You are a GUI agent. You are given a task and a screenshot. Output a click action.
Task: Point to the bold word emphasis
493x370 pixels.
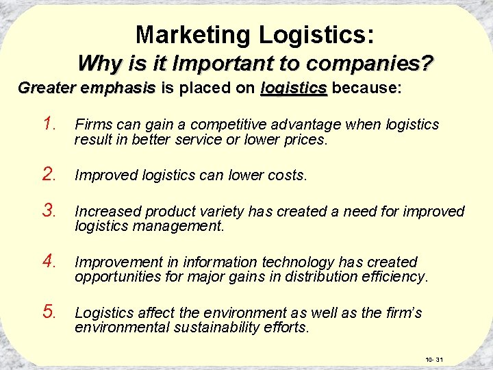[x=118, y=88]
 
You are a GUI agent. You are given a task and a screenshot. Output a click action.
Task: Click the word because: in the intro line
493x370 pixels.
[x=367, y=88]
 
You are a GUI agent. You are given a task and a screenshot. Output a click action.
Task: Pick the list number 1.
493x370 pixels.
[x=49, y=124]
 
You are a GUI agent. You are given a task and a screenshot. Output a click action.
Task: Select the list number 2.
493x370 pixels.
[x=49, y=175]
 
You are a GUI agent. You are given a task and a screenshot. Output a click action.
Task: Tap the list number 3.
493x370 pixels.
[x=49, y=210]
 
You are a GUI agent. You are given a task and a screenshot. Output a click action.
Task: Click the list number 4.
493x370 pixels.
[x=49, y=261]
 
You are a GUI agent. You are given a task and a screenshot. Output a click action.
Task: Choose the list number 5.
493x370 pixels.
[x=49, y=312]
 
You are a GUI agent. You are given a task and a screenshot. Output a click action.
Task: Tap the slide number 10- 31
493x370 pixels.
[x=435, y=359]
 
